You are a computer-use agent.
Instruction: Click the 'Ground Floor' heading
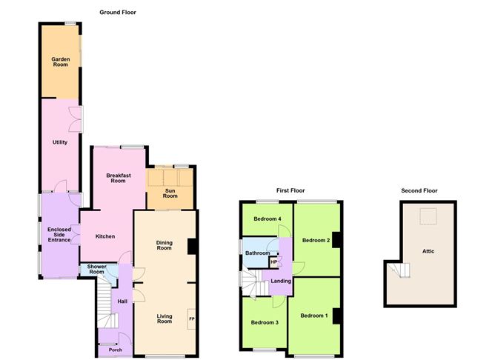[x=118, y=13]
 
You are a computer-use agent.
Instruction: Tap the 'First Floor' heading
[x=290, y=190]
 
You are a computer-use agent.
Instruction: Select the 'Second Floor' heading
[x=419, y=190]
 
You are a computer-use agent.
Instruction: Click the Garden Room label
[x=60, y=61]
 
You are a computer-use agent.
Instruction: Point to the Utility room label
[x=60, y=142]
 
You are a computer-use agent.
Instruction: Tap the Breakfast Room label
[x=118, y=178]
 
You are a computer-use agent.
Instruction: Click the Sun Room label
[x=170, y=194]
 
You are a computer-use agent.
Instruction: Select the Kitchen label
[x=105, y=236]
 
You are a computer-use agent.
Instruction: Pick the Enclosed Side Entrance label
[x=59, y=234]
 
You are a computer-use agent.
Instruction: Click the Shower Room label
[x=96, y=270]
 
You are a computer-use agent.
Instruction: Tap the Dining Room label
[x=165, y=245]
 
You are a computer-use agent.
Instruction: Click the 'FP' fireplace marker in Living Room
[x=192, y=319]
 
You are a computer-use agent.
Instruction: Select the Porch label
[x=115, y=350]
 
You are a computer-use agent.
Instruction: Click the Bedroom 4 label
[x=268, y=219]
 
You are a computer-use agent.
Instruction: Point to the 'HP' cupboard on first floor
[x=273, y=261]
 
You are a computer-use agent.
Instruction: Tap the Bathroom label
[x=257, y=253]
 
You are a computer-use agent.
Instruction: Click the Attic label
[x=428, y=251]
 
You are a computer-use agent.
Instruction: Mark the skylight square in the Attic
[x=428, y=216]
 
